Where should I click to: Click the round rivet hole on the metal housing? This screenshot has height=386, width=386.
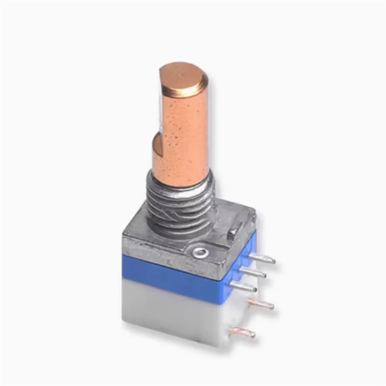pos(201,253)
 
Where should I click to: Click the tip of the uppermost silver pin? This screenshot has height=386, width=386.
pos(273,261)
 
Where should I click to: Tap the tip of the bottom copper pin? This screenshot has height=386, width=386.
pos(253,334)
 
